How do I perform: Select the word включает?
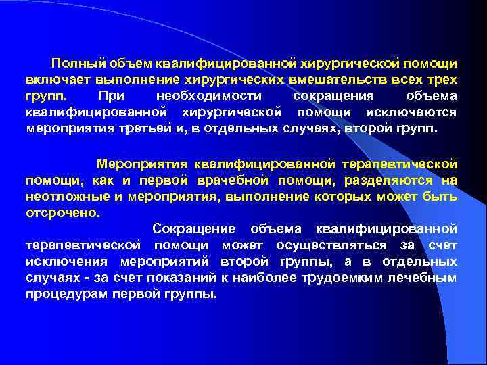coord(54,80)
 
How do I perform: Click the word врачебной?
coord(226,180)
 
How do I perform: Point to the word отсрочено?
coord(62,212)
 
